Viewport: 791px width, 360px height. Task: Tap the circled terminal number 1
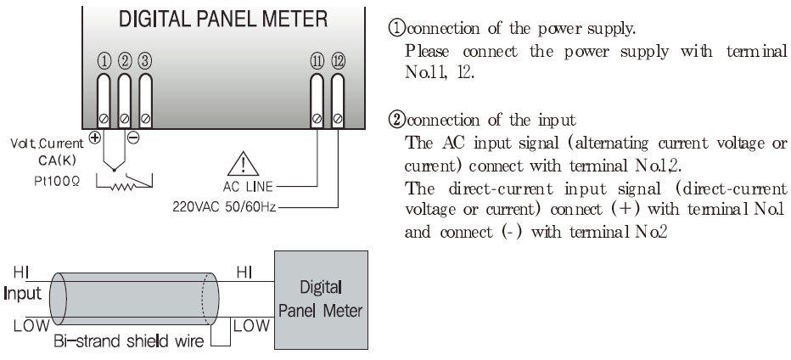pyautogui.click(x=104, y=61)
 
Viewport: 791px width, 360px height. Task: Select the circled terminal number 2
pyautogui.click(x=126, y=61)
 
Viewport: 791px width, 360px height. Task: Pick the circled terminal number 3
pyautogui.click(x=145, y=61)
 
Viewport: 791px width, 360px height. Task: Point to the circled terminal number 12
pyautogui.click(x=339, y=61)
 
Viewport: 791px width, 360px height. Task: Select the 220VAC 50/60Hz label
pyautogui.click(x=221, y=205)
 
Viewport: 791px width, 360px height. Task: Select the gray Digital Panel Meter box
pyautogui.click(x=323, y=293)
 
